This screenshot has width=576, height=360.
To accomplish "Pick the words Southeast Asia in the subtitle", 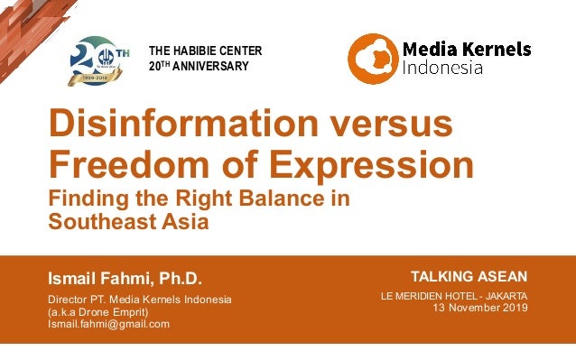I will [128, 221].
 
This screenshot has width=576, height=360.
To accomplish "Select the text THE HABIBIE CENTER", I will [206, 51].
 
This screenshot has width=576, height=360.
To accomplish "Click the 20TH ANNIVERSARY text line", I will [198, 67].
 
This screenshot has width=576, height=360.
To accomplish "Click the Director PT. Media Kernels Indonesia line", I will [139, 300].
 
